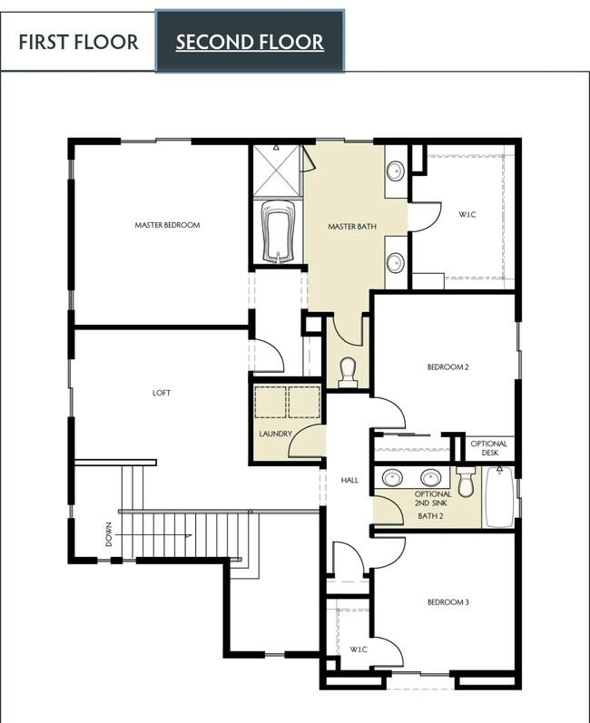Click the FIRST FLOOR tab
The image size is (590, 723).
78,42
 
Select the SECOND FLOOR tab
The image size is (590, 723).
250,42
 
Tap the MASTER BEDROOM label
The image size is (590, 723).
167,225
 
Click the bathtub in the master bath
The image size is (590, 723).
276,232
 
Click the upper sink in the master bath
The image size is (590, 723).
396,170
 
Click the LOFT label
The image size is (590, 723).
162,393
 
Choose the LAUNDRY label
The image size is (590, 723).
275,434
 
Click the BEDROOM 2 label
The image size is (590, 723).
447,367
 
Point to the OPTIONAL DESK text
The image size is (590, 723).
489,447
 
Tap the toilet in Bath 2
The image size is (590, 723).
467,483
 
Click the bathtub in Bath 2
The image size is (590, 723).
499,497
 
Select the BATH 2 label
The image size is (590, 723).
430,516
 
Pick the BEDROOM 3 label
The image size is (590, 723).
447,601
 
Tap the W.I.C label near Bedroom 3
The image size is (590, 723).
359,650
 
